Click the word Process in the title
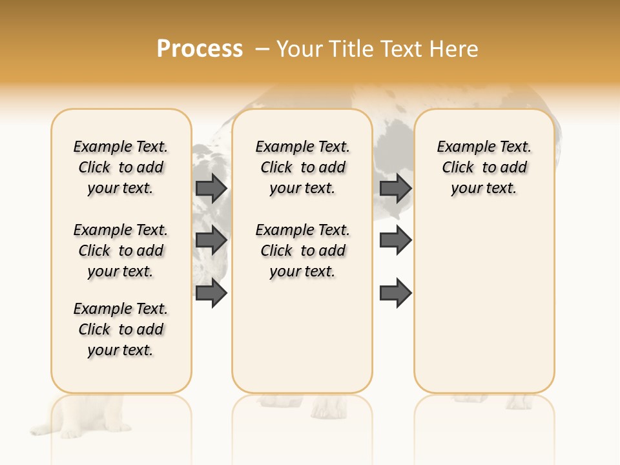[200, 49]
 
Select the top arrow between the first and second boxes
[211, 188]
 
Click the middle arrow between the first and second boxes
[211, 240]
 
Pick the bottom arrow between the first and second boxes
[211, 293]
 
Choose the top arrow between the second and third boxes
[395, 188]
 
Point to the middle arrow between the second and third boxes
[395, 240]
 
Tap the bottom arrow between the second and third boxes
[395, 293]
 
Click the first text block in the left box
[121, 167]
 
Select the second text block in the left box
[121, 251]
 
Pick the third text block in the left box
[121, 329]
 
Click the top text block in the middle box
[302, 167]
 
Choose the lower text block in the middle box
[302, 251]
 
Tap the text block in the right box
[484, 167]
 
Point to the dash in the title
[262, 49]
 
